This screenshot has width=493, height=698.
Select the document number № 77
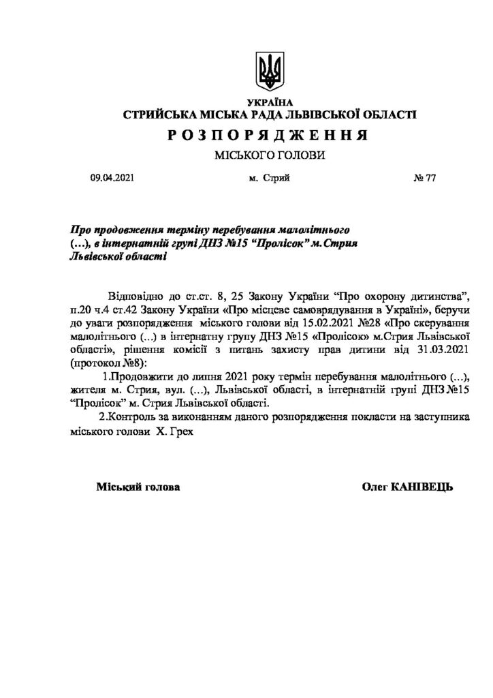[424, 178]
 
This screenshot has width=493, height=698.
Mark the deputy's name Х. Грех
[167, 429]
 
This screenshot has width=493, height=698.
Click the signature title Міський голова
[138, 487]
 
